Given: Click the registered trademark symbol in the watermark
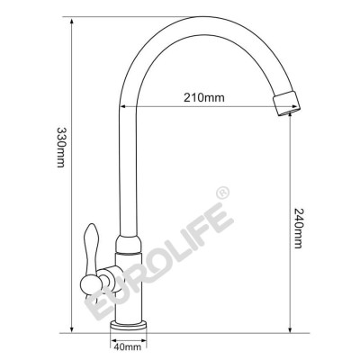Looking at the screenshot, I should (x=221, y=193).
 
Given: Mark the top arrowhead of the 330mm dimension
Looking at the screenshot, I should (x=68, y=18).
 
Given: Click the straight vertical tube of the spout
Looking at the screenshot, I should (x=126, y=162).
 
